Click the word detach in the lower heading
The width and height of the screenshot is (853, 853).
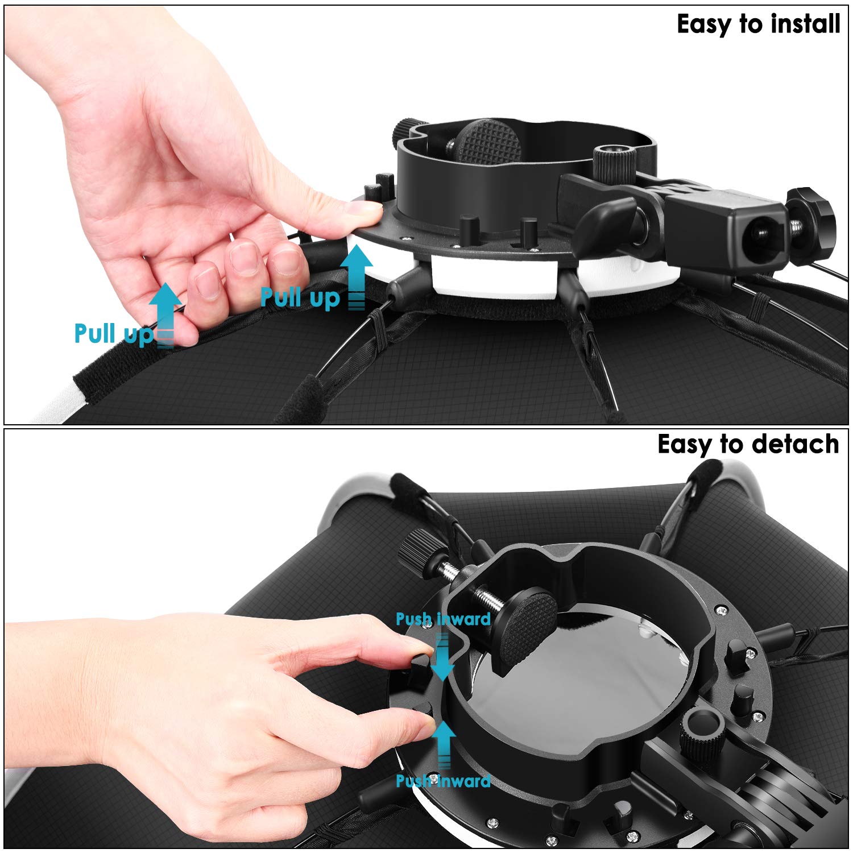point(796,444)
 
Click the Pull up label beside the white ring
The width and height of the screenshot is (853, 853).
point(300,297)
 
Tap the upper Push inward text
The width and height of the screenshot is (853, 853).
point(443,619)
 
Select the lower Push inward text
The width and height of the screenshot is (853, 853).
point(443,780)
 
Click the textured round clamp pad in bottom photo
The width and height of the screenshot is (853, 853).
point(529,625)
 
